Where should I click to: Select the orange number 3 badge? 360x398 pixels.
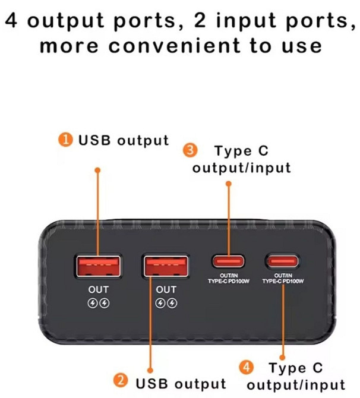click(x=190, y=151)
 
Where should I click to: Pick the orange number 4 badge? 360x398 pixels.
click(x=245, y=367)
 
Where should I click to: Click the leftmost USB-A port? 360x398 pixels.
click(x=99, y=266)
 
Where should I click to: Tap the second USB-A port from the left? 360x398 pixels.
click(x=166, y=266)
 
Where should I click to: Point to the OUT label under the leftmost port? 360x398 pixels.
click(x=99, y=290)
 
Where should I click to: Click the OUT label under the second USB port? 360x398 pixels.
click(x=166, y=290)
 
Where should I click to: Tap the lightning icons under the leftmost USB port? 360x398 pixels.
click(x=99, y=302)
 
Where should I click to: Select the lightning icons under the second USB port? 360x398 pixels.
click(x=166, y=302)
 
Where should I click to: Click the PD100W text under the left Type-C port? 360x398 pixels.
click(x=229, y=282)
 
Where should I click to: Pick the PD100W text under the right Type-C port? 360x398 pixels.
click(x=283, y=282)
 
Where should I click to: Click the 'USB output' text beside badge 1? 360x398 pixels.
click(x=124, y=141)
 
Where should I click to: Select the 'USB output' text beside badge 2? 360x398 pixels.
click(x=181, y=382)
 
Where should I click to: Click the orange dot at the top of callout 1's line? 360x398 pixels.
click(x=98, y=170)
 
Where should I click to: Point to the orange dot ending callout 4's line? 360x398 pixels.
click(x=283, y=351)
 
